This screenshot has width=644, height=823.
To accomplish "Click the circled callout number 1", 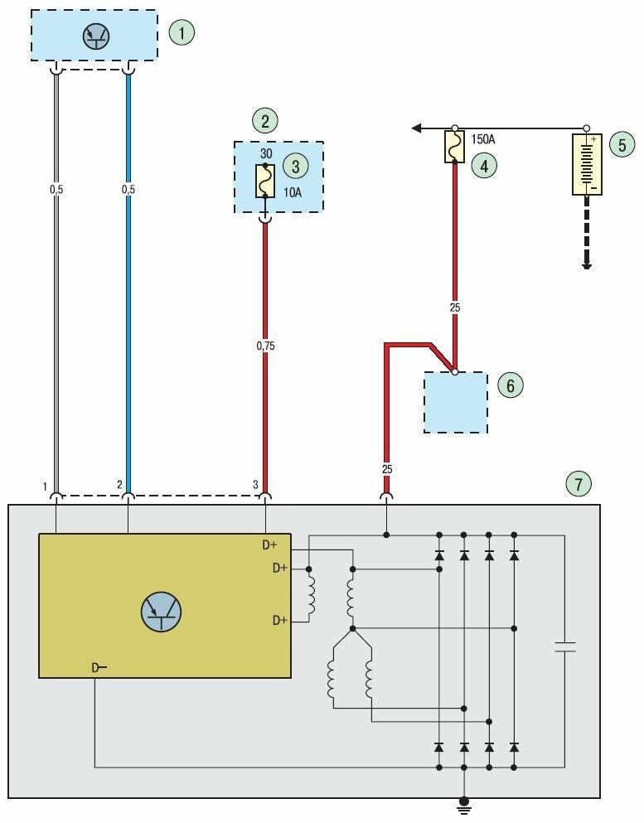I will click(182, 33).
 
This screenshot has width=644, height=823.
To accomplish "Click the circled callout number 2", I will click(265, 121).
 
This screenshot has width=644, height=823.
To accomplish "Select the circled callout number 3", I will click(295, 165).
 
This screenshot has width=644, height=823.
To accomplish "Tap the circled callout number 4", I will click(484, 165).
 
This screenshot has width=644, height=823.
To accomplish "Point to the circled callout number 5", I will click(622, 144).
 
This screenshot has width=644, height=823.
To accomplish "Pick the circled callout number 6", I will click(511, 385).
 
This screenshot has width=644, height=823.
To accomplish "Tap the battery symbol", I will click(587, 164).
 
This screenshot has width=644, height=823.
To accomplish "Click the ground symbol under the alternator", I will click(465, 802).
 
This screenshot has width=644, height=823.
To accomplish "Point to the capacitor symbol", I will click(564, 646).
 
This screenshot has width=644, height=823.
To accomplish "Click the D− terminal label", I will click(99, 667).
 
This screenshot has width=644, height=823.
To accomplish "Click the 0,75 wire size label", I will click(265, 346).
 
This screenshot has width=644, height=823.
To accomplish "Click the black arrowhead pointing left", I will click(418, 128).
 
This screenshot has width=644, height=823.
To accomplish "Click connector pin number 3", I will click(256, 484).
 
